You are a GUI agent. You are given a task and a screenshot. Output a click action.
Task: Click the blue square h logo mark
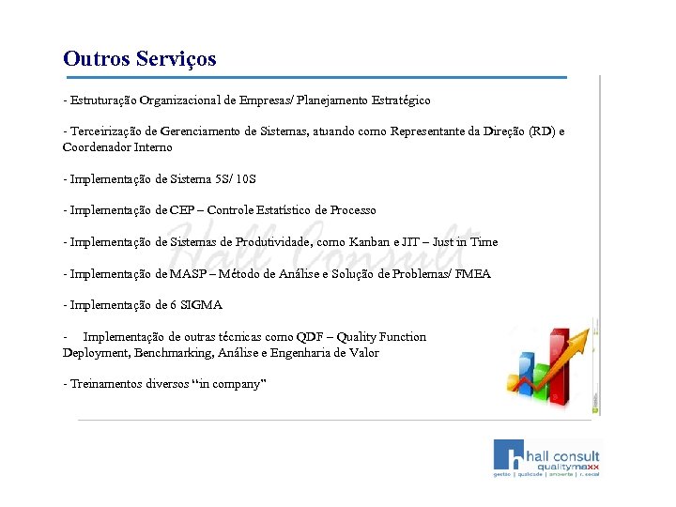(x=511, y=454)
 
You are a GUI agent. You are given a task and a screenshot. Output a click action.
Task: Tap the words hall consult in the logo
(x=563, y=454)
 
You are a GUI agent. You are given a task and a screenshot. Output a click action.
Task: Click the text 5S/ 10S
(x=234, y=178)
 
